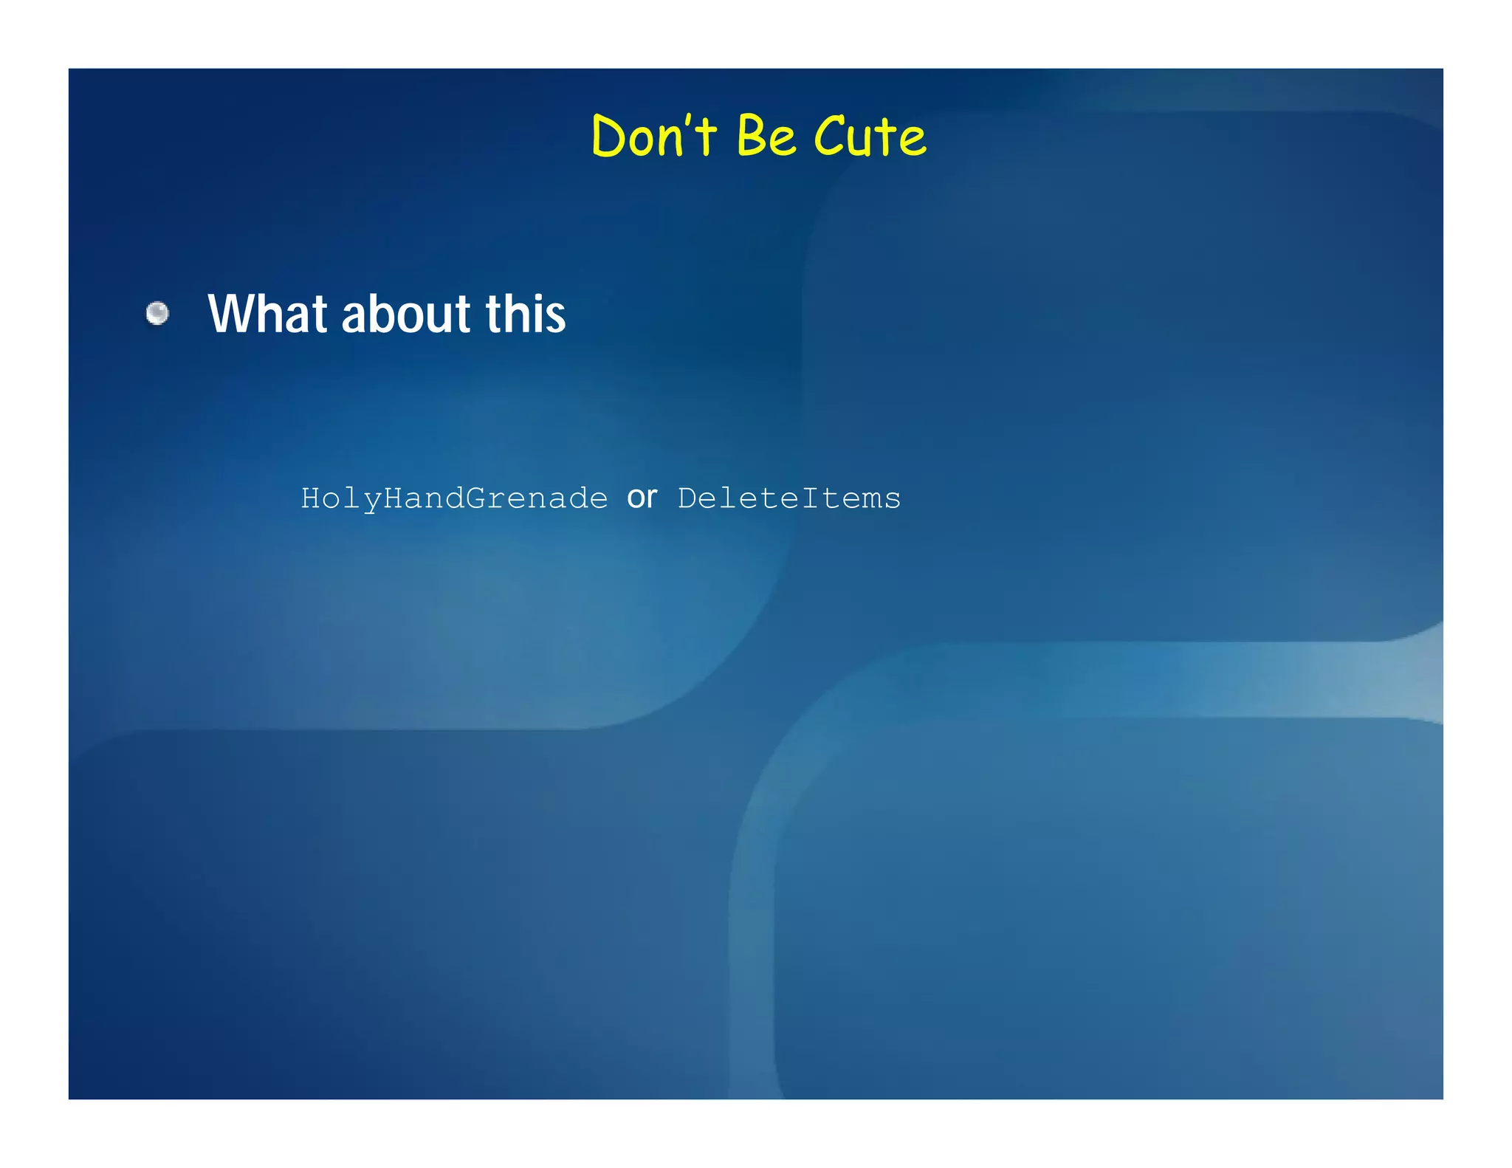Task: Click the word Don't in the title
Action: [653, 137]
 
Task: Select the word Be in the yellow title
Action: [766, 137]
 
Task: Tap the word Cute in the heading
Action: [869, 137]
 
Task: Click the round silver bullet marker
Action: [157, 314]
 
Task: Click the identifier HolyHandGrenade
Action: [454, 498]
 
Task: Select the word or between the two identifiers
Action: [642, 498]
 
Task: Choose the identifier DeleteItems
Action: [789, 498]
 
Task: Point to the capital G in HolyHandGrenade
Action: [475, 498]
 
